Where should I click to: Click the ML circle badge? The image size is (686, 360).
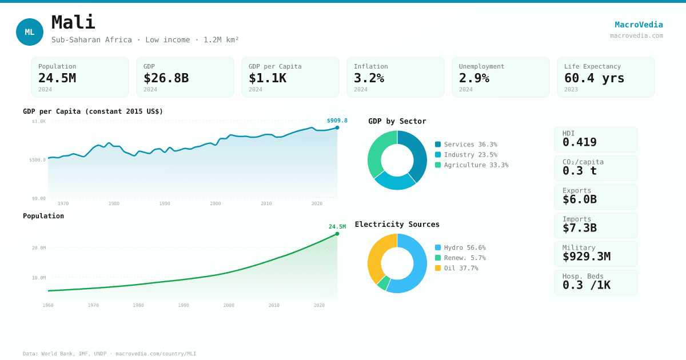click(30, 32)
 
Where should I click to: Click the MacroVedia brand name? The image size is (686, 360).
click(639, 25)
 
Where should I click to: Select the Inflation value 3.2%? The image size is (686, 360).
click(369, 78)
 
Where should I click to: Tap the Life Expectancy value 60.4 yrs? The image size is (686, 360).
click(594, 78)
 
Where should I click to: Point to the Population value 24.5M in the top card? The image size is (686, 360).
click(57, 78)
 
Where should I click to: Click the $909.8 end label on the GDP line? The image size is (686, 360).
click(337, 121)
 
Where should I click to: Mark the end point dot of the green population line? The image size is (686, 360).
click(337, 234)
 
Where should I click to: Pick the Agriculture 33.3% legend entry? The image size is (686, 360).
click(472, 165)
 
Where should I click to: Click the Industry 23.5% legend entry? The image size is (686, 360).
click(466, 155)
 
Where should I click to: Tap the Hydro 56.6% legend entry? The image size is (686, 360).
click(460, 247)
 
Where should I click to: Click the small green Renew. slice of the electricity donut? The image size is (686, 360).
click(383, 283)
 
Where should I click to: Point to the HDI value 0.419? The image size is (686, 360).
click(579, 142)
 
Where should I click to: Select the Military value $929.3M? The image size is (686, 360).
click(586, 257)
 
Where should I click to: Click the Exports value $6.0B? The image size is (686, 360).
click(579, 199)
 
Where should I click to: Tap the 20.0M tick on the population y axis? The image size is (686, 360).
click(39, 248)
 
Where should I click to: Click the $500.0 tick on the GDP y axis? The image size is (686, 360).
click(38, 160)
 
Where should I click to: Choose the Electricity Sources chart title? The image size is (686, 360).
click(397, 225)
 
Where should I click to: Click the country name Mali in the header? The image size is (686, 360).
click(73, 23)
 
